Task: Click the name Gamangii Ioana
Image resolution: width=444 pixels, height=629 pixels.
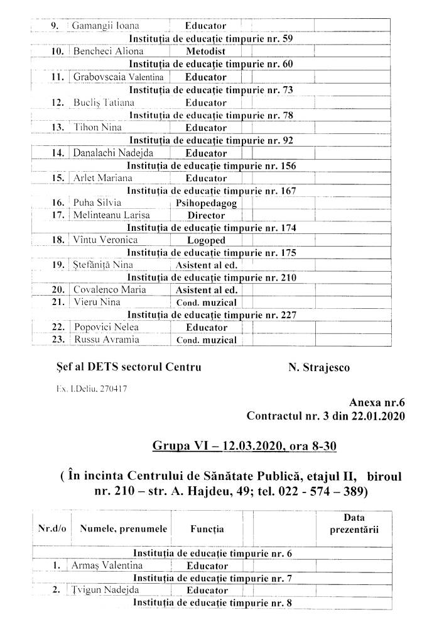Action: [106, 26]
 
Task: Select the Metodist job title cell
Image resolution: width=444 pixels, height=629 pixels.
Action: [205, 52]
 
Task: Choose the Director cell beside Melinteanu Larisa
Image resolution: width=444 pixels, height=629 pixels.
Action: [206, 215]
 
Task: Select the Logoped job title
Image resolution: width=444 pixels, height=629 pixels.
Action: [206, 240]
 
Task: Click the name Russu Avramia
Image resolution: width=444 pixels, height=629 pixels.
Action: [104, 340]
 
